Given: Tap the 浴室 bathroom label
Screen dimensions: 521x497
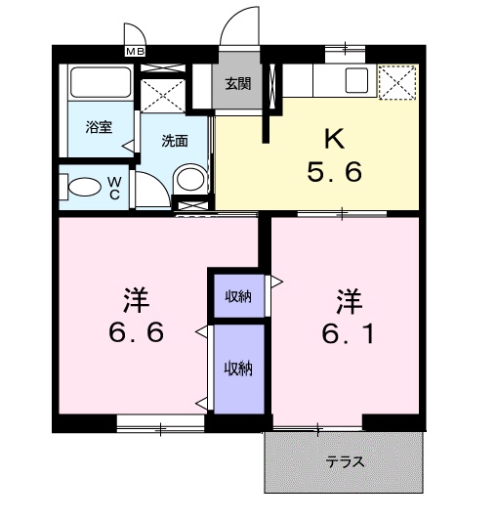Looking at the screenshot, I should point(99,126).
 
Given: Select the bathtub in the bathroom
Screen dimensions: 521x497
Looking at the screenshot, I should point(99,86).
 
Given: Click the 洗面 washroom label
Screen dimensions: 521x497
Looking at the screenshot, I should point(175,140).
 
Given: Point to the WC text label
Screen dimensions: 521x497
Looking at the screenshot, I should point(113,186).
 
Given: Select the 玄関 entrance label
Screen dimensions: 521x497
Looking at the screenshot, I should point(237,83).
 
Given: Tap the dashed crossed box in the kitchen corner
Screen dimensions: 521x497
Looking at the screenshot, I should point(396,81).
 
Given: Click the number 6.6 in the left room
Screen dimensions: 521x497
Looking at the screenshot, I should point(136,331).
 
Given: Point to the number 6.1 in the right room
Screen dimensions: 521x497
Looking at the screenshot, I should point(347,331).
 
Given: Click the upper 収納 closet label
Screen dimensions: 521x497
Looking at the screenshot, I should point(238,295).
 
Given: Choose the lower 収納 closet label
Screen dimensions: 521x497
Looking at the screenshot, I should point(238,369).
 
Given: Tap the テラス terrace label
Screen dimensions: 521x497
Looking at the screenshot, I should point(345,462).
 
